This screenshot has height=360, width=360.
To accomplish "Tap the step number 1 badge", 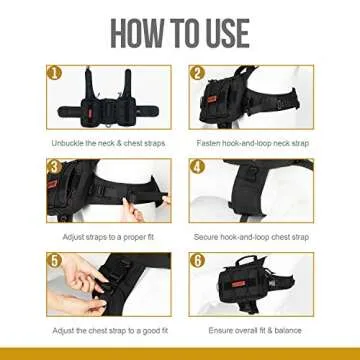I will [55, 73].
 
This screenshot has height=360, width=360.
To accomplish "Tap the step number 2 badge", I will [197, 73].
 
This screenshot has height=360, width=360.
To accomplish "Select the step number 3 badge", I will [55, 163].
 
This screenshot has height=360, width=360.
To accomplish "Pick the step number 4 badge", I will [197, 163].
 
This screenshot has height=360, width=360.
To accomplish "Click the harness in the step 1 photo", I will [108, 100].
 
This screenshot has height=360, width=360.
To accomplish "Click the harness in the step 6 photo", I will [250, 285].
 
